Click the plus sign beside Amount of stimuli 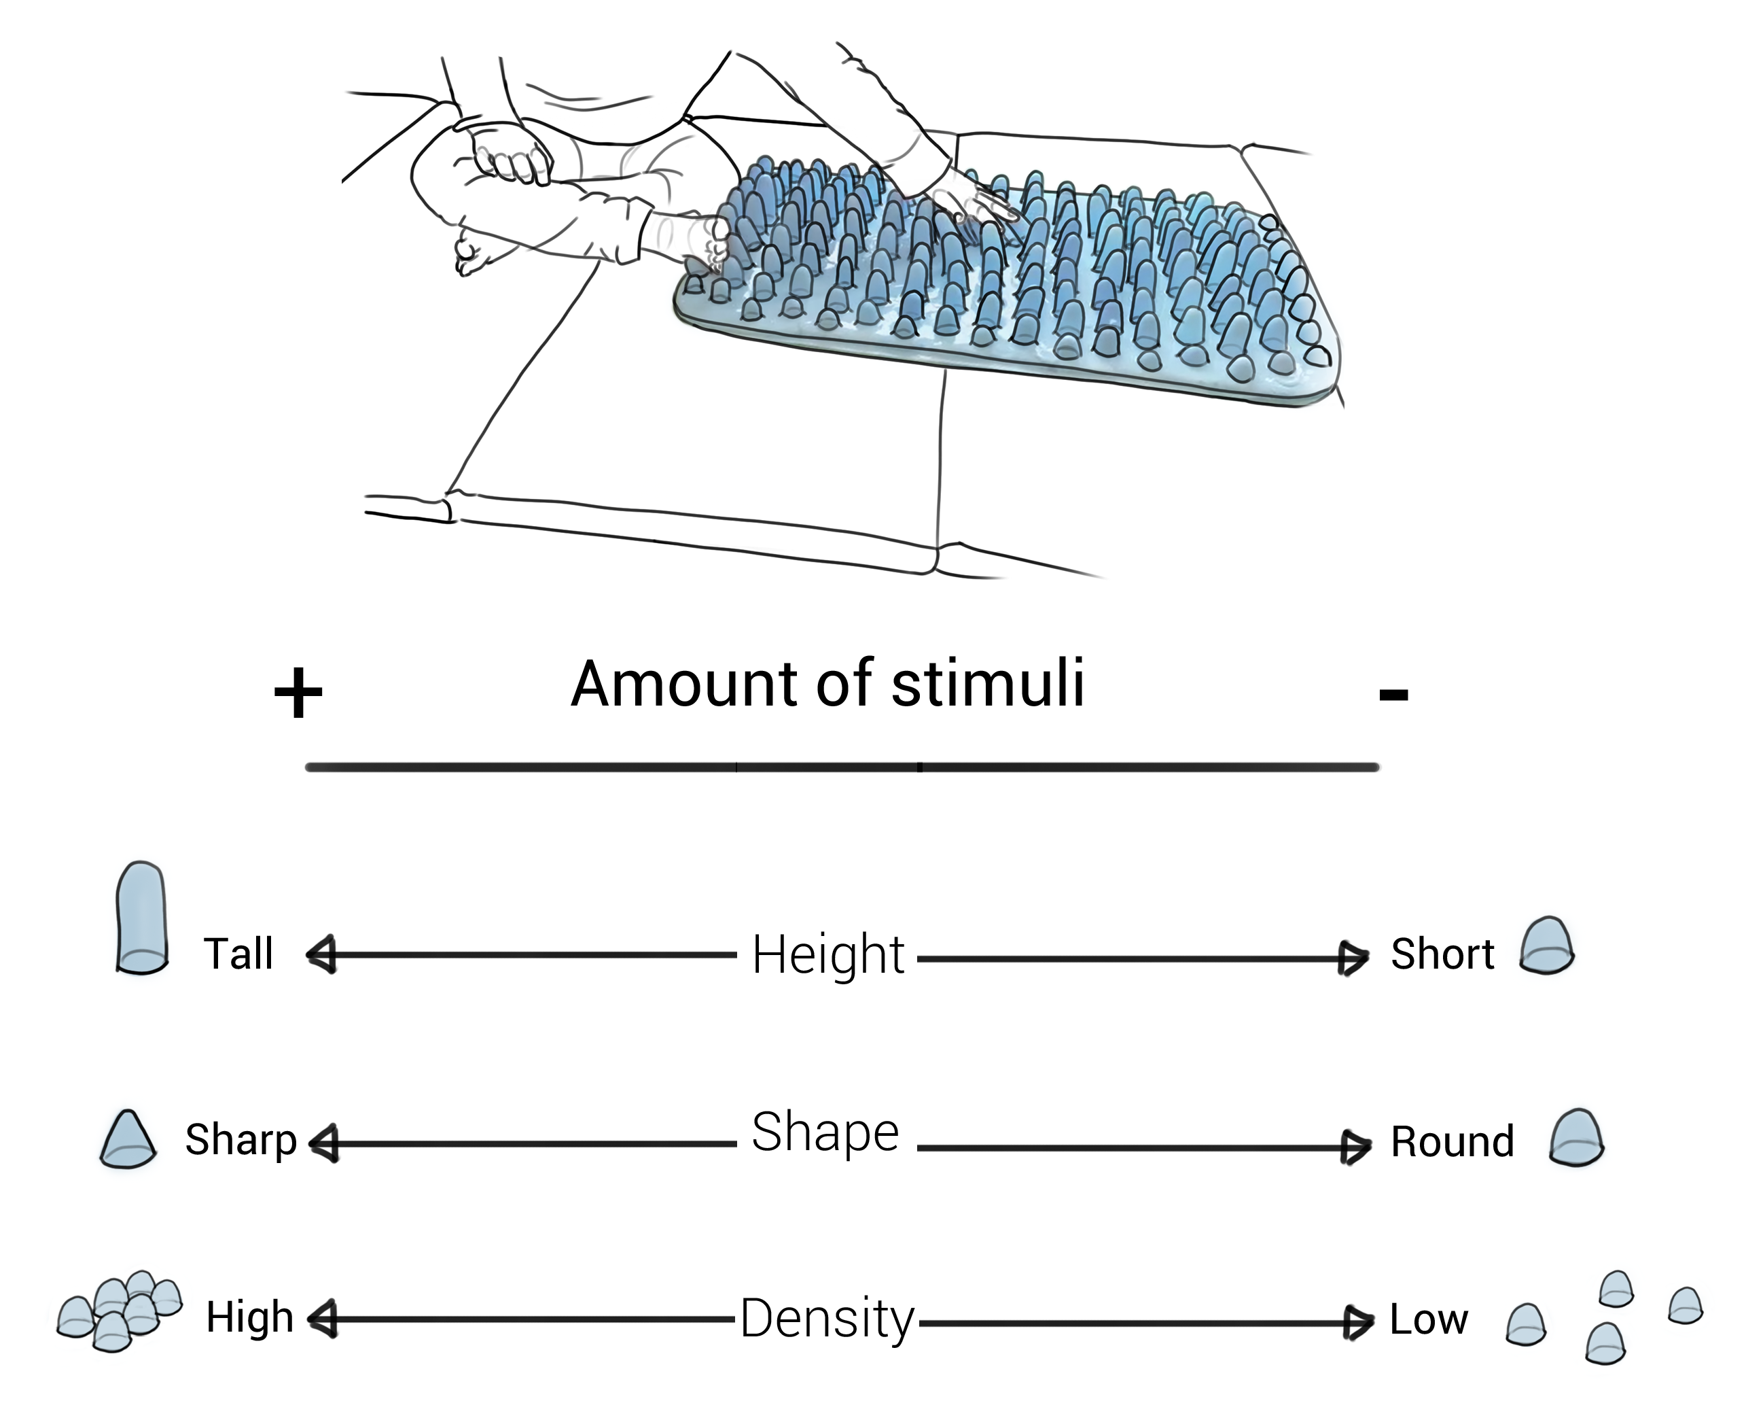click(298, 693)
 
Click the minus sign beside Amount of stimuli click(1393, 693)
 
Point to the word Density click(827, 1318)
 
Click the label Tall click(238, 954)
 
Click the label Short click(1442, 954)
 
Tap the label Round click(1452, 1141)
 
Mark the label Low click(1429, 1319)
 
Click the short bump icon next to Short click(1547, 946)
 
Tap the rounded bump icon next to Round click(1576, 1137)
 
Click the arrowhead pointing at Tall click(321, 955)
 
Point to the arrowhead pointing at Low click(1358, 1323)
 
